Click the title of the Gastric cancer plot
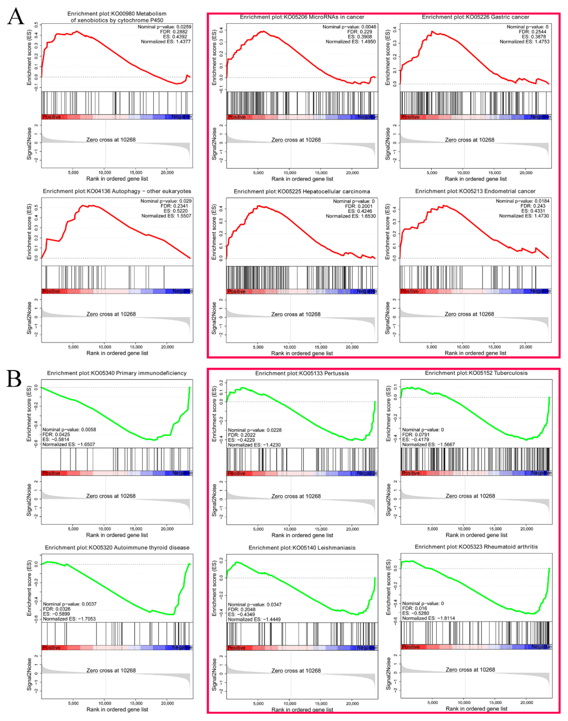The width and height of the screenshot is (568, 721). [x=475, y=17]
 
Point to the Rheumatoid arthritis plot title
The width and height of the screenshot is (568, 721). [x=476, y=547]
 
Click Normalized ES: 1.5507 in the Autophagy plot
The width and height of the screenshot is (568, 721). [x=166, y=216]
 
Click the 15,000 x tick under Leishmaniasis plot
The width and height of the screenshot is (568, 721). [x=321, y=703]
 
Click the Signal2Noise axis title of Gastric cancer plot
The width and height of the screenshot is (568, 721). [x=388, y=144]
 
